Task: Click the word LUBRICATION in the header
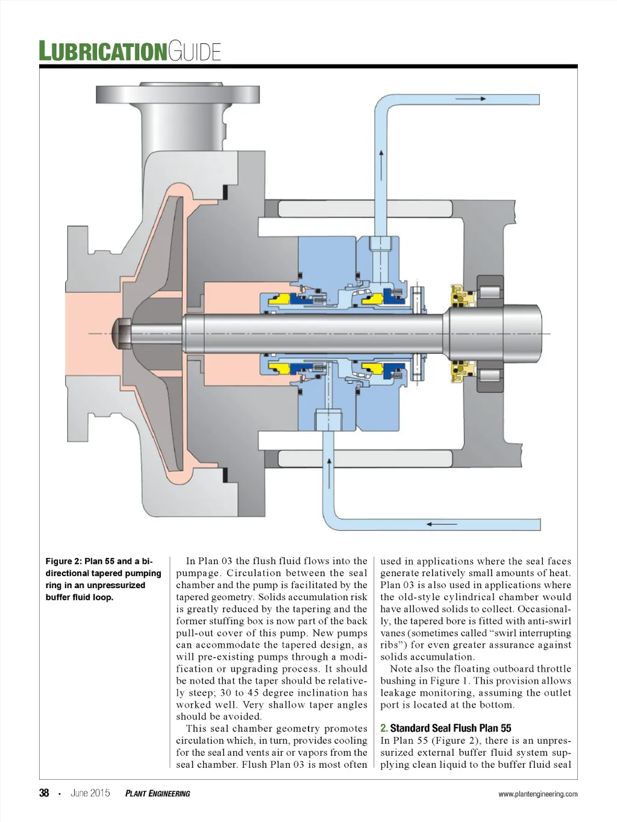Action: click(x=102, y=51)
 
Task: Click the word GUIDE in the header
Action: click(x=195, y=52)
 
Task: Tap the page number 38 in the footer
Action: click(x=44, y=793)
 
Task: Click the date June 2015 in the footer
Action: click(x=90, y=793)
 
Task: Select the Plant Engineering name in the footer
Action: click(x=157, y=794)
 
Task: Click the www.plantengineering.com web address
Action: click(x=537, y=794)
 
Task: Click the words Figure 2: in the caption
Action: click(x=63, y=561)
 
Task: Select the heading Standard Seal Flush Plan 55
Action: click(x=451, y=728)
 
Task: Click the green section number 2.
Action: click(x=384, y=728)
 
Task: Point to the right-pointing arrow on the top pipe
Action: click(x=475, y=98)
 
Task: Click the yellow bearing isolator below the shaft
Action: click(x=462, y=371)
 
